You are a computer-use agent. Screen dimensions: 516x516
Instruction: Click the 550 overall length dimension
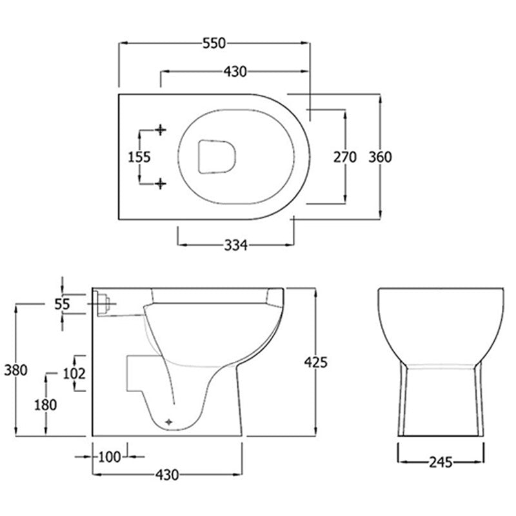[x=213, y=44]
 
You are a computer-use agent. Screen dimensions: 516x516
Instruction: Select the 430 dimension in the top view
[x=235, y=72]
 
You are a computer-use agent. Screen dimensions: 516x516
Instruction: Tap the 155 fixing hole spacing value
[x=139, y=157]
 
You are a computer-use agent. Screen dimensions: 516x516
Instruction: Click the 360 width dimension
[x=380, y=157]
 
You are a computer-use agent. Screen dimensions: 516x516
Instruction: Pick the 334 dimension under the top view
[x=235, y=244]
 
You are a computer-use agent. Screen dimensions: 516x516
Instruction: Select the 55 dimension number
[x=62, y=304]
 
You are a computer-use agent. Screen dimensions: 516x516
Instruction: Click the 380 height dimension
[x=15, y=370]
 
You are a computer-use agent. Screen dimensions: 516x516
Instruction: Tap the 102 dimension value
[x=75, y=373]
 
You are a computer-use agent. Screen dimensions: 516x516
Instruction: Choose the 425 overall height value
[x=315, y=362]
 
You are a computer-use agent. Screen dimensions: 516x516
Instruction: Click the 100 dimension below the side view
[x=110, y=457]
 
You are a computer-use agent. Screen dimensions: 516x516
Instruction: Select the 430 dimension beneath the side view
[x=166, y=475]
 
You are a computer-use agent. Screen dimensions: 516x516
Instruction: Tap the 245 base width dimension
[x=440, y=462]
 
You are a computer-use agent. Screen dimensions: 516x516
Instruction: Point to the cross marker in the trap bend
[x=170, y=420]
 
